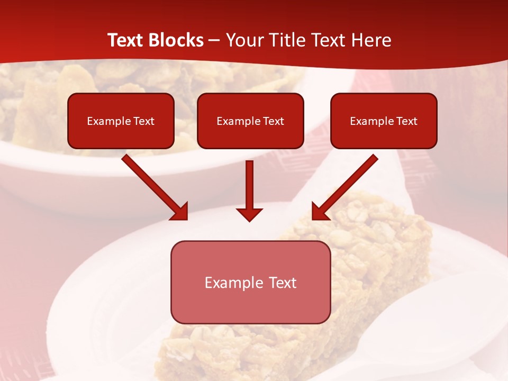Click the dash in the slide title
tap(214, 41)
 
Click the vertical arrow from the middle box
tap(249, 185)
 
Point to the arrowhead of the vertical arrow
tap(249, 214)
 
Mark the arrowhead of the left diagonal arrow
tap(180, 212)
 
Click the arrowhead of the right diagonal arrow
tap(320, 212)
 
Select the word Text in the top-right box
tap(407, 121)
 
